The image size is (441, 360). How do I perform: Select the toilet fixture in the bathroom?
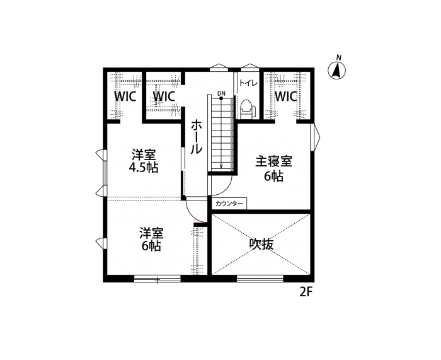246,108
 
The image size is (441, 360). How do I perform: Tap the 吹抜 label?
261,244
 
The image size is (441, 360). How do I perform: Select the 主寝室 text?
273,161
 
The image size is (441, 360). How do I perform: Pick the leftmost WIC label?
125,96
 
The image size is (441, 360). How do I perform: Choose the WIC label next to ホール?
164,96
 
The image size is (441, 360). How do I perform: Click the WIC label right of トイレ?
285,96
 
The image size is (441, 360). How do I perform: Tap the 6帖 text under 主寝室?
273,177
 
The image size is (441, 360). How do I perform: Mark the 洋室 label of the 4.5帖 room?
144,154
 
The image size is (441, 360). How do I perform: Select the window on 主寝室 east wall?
312,137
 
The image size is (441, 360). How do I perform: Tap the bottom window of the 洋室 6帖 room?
156,278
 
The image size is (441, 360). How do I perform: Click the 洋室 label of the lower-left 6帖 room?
151,233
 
